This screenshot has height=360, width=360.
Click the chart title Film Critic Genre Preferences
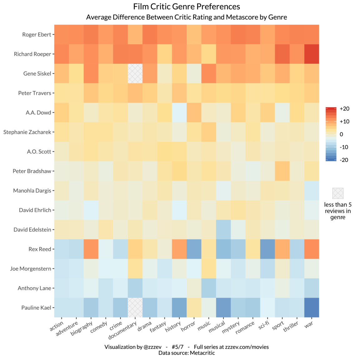pos(187,7)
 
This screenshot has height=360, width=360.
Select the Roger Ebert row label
pos(36,35)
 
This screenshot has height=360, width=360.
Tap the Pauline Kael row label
pos(36,308)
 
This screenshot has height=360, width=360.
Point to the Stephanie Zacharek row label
pos(27,132)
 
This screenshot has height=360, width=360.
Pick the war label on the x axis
pos(309,325)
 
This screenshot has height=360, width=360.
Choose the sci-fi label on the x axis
pos(264,325)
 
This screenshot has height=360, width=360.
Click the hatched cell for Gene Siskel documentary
pos(135,73)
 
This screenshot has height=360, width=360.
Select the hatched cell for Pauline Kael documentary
pos(135,308)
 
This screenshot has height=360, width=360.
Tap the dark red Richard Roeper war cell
pos(312,54)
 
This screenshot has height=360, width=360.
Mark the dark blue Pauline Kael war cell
pos(312,308)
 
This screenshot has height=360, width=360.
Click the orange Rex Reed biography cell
pos(91,249)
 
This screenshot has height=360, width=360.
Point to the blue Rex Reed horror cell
pos(194,249)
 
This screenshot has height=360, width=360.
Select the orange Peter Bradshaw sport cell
pos(282,171)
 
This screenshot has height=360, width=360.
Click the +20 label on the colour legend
pos(344,109)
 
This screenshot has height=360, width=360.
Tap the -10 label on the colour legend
pos(344,147)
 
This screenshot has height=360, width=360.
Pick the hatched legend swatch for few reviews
pos(338,193)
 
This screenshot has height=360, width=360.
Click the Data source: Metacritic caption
pos(187,353)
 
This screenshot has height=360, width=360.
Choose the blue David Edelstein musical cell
pos(223,230)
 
